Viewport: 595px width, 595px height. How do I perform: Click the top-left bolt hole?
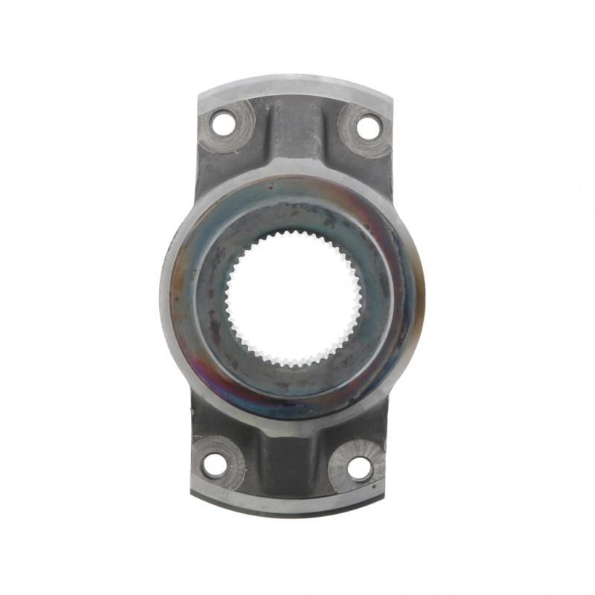(x=222, y=124)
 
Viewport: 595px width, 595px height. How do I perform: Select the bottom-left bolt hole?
(x=214, y=466)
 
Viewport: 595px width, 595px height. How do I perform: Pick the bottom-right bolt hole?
(x=358, y=468)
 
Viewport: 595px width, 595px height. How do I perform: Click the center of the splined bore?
(x=294, y=297)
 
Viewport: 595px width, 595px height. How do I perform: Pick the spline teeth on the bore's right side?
(x=359, y=297)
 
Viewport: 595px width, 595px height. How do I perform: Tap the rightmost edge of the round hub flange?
(x=423, y=294)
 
